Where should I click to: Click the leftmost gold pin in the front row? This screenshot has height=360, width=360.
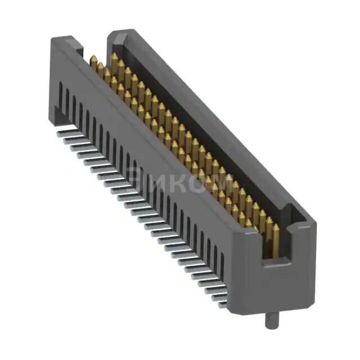click(93, 62)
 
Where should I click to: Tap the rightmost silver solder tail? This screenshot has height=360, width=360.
click(223, 304)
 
